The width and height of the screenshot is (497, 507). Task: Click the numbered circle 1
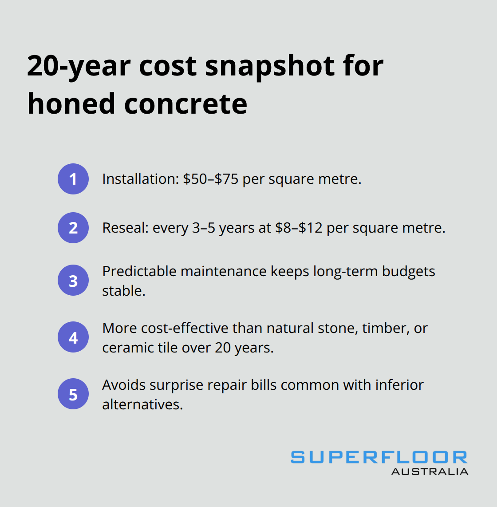coord(73,179)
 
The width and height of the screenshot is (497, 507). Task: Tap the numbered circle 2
coord(73,228)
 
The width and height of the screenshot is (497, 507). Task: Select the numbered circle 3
coord(73,281)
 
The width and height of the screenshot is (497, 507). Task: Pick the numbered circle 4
coord(73,337)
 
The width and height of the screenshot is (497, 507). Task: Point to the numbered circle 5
coord(73,394)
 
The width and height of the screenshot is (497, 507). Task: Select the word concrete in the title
coord(185,104)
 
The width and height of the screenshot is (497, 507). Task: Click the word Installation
coord(139,179)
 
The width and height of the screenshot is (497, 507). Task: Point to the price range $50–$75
coord(211,179)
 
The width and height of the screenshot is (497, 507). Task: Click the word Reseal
coord(125,228)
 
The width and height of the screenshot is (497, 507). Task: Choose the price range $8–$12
coord(299,228)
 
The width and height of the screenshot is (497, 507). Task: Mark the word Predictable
coord(138,271)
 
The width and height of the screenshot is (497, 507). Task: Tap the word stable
coord(123,291)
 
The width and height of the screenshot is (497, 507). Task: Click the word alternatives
coord(142,404)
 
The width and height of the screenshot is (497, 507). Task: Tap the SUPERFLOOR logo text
coord(379,457)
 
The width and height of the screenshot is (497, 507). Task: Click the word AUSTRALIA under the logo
coord(430,471)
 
